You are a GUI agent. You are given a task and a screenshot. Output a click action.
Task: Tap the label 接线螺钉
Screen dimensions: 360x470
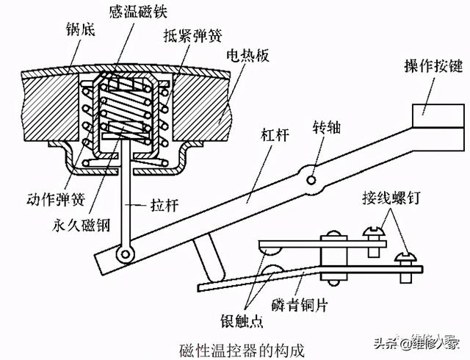(x=391, y=198)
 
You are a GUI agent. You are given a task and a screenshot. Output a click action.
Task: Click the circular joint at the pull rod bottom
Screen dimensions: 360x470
(x=126, y=255)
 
